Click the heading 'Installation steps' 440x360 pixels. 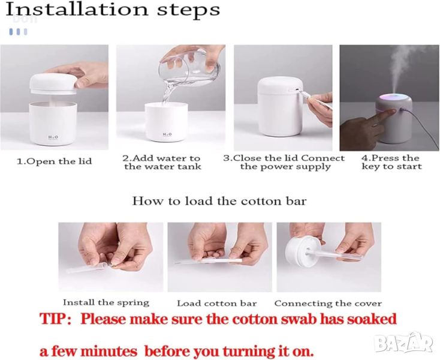(113, 10)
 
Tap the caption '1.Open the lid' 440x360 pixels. (55, 161)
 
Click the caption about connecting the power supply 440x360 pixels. (284, 163)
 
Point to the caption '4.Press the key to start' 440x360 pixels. (391, 163)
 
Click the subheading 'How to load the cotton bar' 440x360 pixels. (219, 201)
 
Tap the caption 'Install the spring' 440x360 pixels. (106, 303)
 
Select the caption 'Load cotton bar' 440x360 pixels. (217, 304)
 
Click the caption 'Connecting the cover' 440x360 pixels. (328, 304)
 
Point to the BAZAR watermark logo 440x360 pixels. (405, 343)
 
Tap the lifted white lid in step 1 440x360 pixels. (53, 83)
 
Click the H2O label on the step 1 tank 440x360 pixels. (53, 137)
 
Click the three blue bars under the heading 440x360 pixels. (18, 32)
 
